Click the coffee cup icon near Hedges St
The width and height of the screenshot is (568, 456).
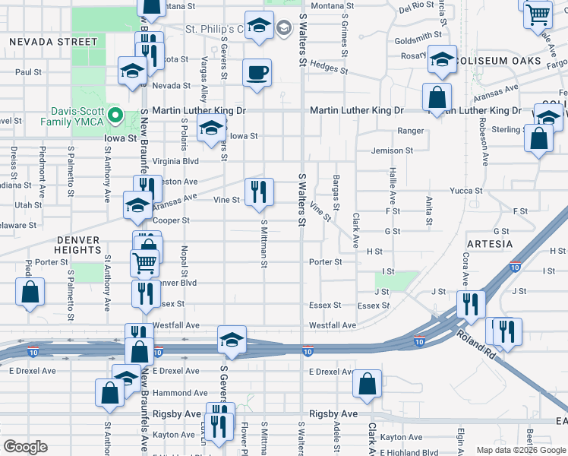tap(257, 73)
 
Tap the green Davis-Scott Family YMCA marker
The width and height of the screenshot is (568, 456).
tap(115, 116)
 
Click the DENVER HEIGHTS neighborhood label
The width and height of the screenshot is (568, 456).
tap(79, 244)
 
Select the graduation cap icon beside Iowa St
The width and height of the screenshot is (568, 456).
tap(211, 128)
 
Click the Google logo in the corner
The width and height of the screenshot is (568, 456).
tap(25, 446)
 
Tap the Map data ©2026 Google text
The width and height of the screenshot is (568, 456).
tap(521, 450)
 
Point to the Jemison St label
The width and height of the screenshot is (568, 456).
tap(392, 150)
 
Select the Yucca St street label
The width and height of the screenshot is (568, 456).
tap(465, 191)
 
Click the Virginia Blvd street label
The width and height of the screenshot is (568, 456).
tap(175, 161)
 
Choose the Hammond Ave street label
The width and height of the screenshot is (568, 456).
tap(180, 393)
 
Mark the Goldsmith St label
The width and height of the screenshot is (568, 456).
tap(418, 36)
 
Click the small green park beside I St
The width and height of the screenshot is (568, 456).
tap(407, 280)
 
